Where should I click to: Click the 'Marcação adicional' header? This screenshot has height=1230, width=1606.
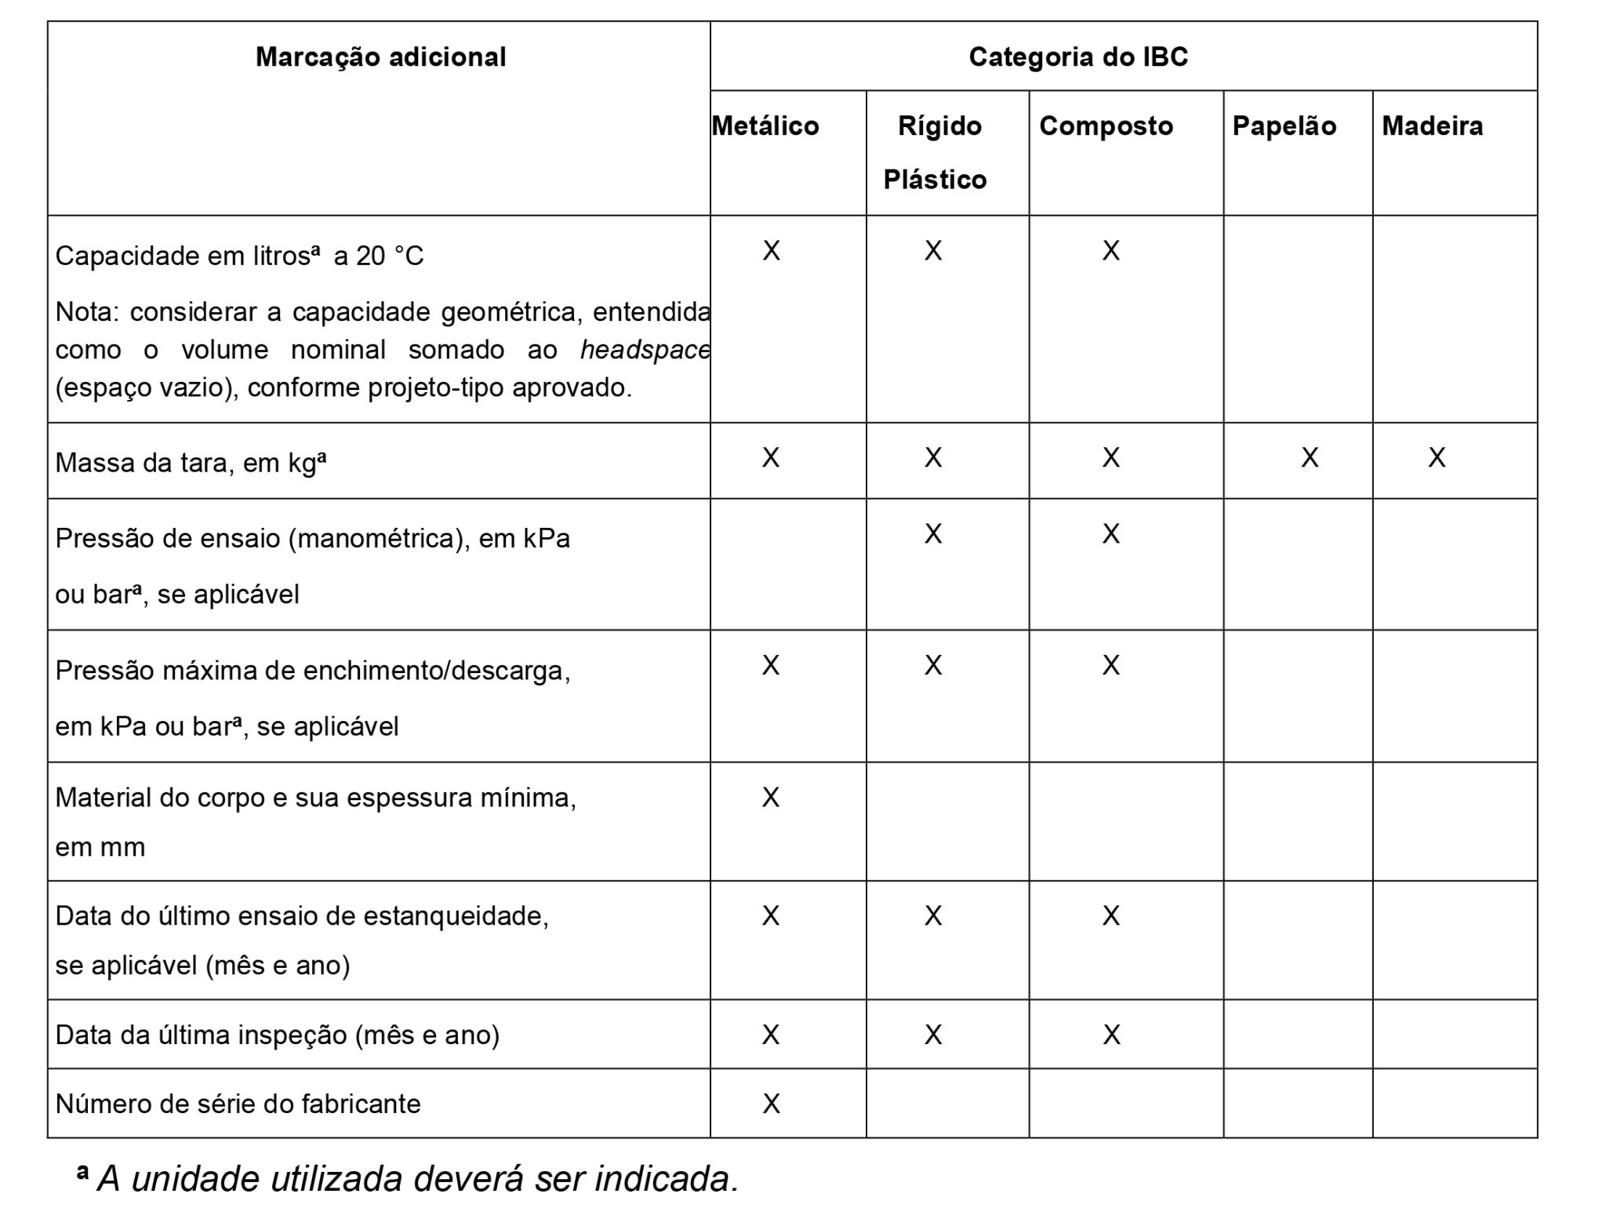[380, 57]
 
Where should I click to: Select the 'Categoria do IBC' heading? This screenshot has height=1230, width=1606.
[1078, 57]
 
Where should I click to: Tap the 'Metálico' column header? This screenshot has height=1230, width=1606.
[765, 126]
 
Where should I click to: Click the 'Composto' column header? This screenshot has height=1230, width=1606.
[1106, 126]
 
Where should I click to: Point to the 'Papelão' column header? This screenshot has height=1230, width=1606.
[1284, 126]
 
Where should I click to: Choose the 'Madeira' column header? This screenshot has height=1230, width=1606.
[1432, 126]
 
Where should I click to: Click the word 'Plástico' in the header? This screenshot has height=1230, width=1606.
[935, 180]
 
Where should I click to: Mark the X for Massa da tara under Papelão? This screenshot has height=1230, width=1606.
[1310, 458]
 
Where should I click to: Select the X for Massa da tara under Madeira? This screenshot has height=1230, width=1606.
[1437, 458]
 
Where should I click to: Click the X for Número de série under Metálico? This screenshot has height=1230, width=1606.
[771, 1104]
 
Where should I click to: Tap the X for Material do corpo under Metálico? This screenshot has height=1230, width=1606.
[771, 798]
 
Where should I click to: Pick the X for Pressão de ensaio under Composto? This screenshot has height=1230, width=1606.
[1110, 534]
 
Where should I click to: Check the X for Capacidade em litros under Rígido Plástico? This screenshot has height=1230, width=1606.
[933, 251]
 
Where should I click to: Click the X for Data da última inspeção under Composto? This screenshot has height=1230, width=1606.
[1111, 1035]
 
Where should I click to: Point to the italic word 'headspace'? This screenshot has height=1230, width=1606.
[645, 350]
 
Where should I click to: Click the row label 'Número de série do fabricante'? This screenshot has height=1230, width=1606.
[238, 1104]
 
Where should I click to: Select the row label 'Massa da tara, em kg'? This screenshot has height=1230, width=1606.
[190, 463]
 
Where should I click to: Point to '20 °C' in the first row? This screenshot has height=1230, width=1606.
[390, 257]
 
